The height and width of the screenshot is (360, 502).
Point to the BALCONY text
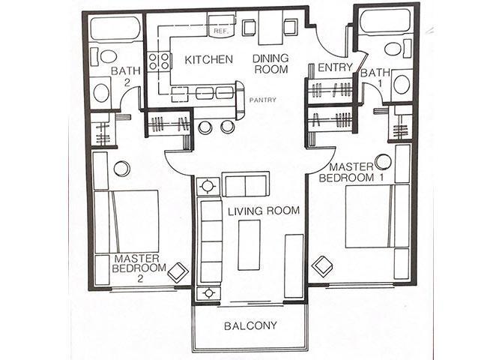(x=250, y=325)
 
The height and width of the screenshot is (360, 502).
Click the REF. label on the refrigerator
(x=220, y=31)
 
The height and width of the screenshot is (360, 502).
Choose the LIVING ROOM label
(x=264, y=211)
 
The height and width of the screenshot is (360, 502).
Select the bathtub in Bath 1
(x=384, y=21)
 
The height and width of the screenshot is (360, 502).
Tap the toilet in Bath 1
(x=392, y=49)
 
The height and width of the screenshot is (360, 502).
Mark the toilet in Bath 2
(x=109, y=56)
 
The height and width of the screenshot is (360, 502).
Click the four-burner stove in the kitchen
(x=158, y=61)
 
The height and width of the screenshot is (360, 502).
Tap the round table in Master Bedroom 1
(x=384, y=161)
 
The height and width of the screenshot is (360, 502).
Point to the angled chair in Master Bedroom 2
(x=178, y=272)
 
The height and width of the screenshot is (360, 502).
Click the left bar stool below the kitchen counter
(x=205, y=127)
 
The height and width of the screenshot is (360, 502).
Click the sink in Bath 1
(x=402, y=83)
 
